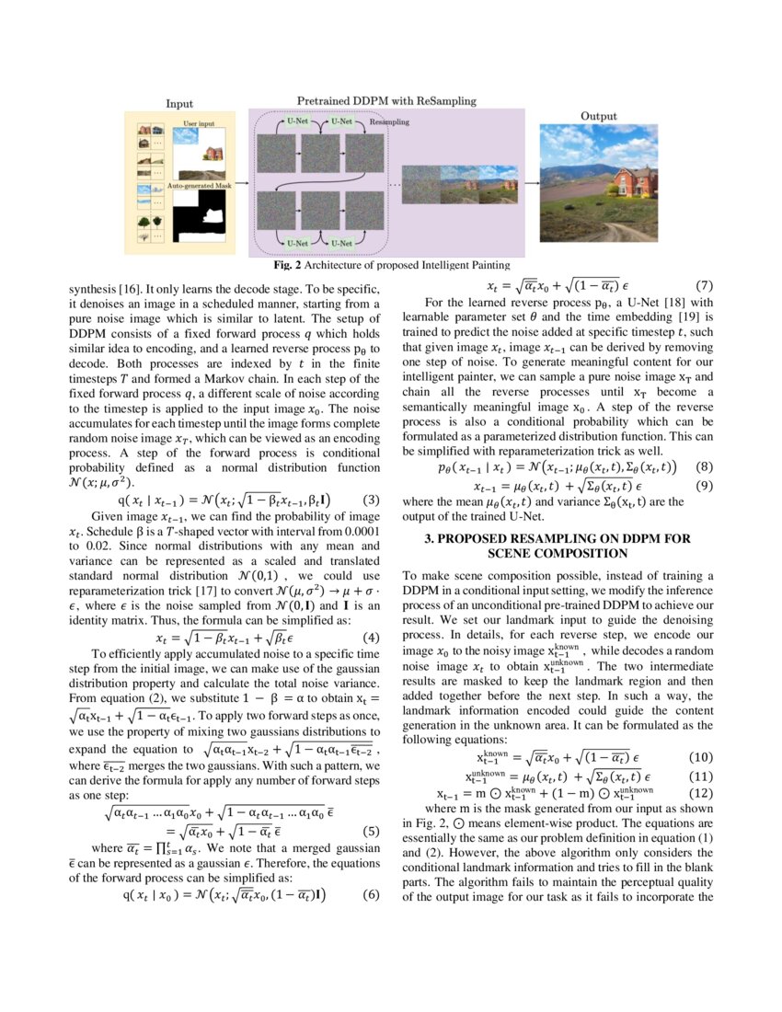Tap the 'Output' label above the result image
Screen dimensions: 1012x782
(x=598, y=117)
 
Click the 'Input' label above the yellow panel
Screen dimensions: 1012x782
(x=178, y=104)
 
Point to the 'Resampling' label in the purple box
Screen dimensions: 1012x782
(x=389, y=121)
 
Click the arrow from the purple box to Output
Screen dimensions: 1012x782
(x=531, y=183)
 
